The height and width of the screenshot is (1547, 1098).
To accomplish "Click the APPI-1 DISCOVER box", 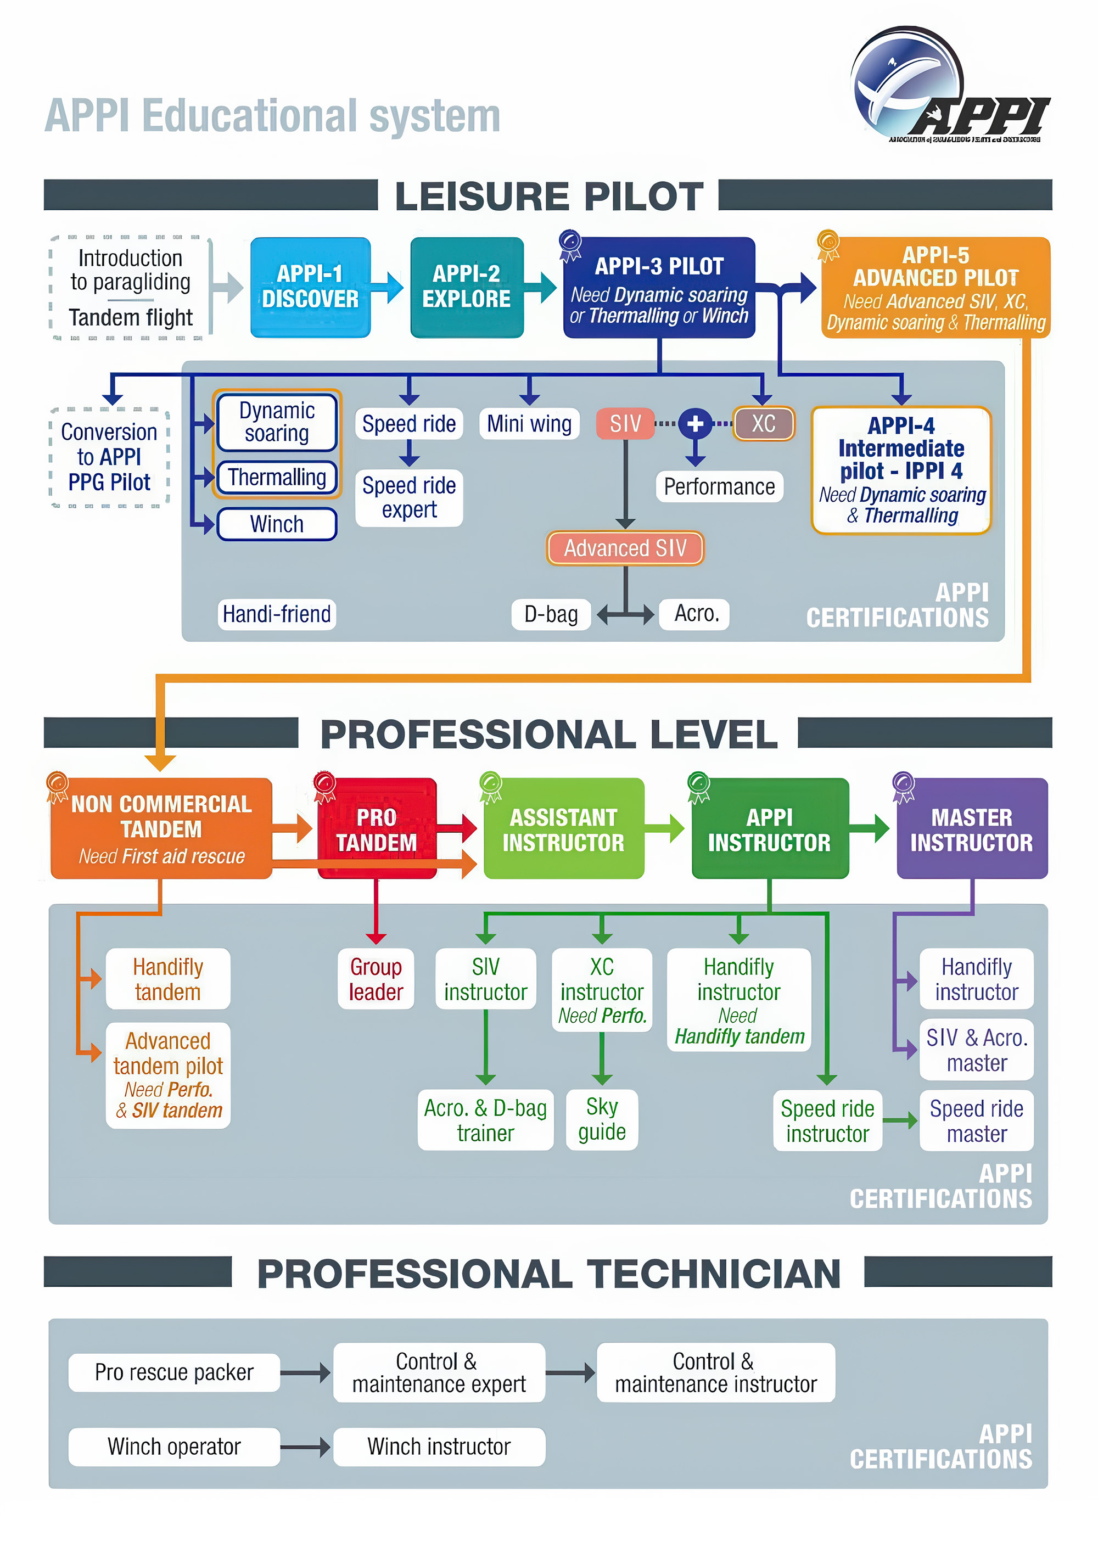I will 310,287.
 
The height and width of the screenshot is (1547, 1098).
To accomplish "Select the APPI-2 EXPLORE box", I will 467,287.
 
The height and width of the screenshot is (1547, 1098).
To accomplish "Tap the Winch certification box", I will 277,524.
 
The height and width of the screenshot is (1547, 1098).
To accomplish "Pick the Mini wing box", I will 529,424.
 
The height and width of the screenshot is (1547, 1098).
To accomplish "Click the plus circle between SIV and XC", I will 695,424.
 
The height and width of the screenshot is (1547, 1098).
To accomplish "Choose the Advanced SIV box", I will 625,548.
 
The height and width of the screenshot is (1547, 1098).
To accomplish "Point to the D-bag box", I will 551,614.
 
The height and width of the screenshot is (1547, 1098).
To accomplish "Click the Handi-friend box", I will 277,614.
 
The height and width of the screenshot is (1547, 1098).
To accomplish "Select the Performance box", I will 719,487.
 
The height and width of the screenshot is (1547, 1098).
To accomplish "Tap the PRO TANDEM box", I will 377,829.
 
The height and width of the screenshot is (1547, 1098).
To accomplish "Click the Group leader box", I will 376,978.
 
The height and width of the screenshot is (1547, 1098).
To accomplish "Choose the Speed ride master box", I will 976,1120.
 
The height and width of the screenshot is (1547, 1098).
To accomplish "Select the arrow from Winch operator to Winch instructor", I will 306,1447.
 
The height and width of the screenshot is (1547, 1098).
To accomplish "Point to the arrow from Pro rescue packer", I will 306,1372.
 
